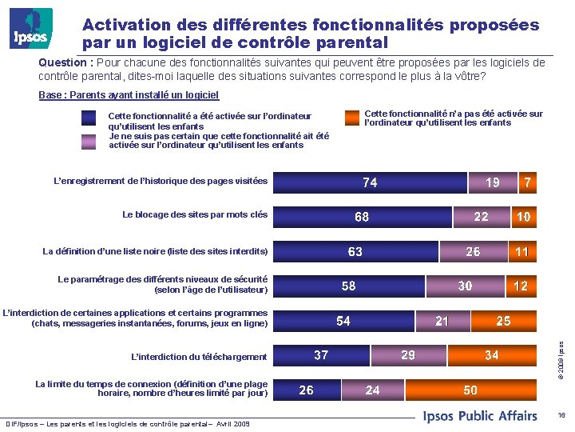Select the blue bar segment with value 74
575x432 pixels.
point(370,182)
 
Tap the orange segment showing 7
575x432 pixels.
point(527,182)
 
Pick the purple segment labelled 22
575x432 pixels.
point(481,217)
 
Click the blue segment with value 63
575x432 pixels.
point(355,252)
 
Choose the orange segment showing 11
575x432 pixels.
point(521,252)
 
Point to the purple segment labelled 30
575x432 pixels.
point(464,286)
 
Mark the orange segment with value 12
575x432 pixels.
point(521,286)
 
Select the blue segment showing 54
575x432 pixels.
point(343,321)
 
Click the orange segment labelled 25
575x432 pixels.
point(503,321)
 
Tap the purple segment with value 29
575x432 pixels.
point(407,355)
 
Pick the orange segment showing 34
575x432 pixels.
point(491,355)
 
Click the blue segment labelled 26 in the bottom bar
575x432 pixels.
point(307,390)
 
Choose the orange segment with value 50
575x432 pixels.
point(470,390)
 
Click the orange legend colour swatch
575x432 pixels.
point(352,118)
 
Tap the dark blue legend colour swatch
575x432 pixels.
point(89,118)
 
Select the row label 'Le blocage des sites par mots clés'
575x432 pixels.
point(195,214)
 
